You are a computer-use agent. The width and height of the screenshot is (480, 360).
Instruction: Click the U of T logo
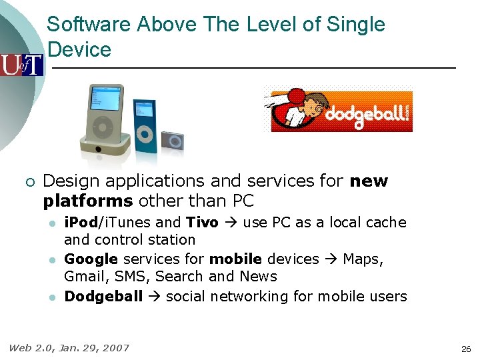pos(21,65)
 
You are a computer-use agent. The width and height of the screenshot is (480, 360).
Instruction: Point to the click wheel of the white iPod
pos(103,127)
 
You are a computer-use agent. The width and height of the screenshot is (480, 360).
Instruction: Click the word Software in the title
pos(89,25)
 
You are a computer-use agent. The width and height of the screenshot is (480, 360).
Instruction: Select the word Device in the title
pos(79,50)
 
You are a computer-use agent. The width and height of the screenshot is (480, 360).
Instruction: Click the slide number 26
pos(465,349)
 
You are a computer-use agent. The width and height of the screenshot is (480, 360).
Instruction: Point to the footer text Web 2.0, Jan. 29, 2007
pos(69,347)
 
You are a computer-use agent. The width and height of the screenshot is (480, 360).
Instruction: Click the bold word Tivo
pos(202,222)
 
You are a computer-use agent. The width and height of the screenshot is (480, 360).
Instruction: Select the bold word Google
pos(91,259)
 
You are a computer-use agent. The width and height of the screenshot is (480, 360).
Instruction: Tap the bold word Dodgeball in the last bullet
pos(103,296)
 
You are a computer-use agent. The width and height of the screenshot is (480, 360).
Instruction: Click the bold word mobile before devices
pos(231,259)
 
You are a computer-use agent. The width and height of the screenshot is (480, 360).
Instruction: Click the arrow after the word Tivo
pos(230,222)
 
